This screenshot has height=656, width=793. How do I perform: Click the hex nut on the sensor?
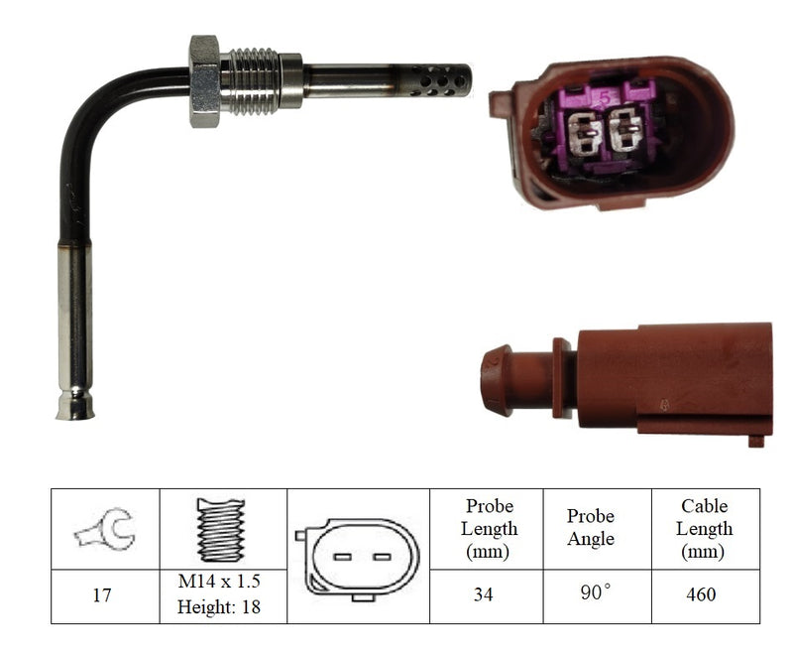[204, 81]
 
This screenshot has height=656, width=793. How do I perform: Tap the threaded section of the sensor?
[251, 81]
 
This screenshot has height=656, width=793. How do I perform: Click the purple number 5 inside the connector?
[606, 97]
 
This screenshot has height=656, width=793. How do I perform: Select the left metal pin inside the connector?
[584, 133]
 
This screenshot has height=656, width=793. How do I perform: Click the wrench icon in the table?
[105, 528]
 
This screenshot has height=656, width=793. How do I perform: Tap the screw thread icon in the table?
[221, 529]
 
